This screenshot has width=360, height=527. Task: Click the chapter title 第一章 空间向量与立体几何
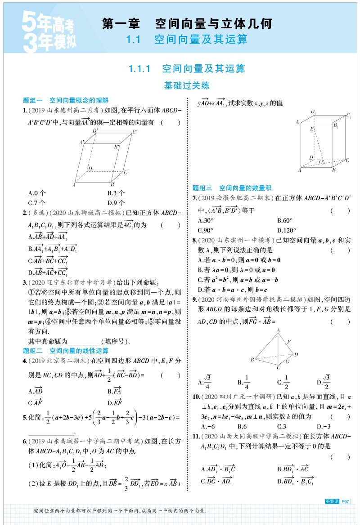click(188, 23)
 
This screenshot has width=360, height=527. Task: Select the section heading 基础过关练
click(187, 85)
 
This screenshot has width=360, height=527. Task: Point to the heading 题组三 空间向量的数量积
click(232, 188)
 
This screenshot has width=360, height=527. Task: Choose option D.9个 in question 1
click(116, 202)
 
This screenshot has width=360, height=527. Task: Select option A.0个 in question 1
click(36, 193)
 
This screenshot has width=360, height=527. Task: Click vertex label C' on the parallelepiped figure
click(135, 132)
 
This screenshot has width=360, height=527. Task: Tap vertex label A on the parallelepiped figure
click(74, 185)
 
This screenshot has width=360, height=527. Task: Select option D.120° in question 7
click(287, 230)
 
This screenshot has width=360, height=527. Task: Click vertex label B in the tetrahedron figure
click(253, 359)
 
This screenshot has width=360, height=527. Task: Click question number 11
click(196, 436)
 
